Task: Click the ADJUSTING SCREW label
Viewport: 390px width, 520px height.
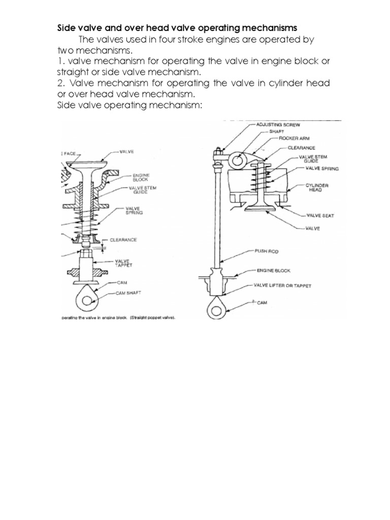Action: pos(273,124)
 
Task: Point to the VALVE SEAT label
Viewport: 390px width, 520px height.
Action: pos(319,215)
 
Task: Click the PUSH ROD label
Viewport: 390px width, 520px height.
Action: pos(266,250)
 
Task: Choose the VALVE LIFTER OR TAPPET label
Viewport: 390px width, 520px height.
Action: pos(283,285)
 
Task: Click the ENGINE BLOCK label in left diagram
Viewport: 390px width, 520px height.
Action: pos(127,177)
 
